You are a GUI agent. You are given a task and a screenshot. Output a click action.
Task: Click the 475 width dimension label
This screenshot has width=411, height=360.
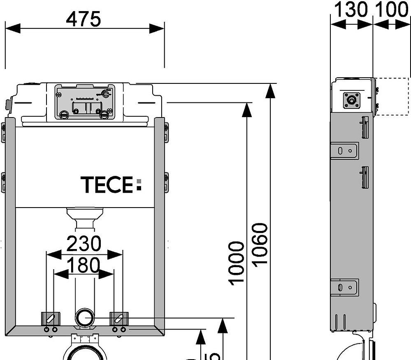point(84,19)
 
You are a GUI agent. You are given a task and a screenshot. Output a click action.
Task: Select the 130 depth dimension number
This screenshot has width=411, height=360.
point(351,10)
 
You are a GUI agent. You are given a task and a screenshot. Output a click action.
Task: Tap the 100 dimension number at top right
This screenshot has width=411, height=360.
point(392,10)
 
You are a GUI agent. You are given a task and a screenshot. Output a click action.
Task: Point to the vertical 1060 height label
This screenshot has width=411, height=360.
point(260,245)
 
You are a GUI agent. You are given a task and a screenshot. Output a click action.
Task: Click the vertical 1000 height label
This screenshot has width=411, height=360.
point(237,263)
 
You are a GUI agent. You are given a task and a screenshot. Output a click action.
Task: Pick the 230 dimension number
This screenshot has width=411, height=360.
point(84,244)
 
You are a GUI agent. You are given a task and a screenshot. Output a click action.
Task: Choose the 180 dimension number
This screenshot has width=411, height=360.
point(84,265)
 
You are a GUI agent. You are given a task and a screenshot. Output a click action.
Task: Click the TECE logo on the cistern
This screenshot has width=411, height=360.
point(107,185)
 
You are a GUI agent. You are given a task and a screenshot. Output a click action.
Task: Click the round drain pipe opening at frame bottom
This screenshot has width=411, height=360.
point(85,318)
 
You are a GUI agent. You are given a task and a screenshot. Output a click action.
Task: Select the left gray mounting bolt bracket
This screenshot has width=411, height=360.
point(51,318)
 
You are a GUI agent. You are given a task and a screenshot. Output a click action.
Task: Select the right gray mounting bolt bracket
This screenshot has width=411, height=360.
point(119,318)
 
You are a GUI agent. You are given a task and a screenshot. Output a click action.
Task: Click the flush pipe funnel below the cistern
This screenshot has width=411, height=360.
point(85,217)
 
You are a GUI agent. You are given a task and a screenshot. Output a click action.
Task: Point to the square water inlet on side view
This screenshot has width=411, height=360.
point(352,100)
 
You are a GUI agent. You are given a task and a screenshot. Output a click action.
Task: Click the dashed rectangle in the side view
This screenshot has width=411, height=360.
point(392,97)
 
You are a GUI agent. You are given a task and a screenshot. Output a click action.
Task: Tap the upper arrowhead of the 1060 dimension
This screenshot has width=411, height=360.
point(270,90)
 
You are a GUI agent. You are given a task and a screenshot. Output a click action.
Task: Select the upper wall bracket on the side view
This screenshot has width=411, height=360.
point(345,150)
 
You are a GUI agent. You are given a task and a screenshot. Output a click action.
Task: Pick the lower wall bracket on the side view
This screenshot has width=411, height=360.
point(345,287)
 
